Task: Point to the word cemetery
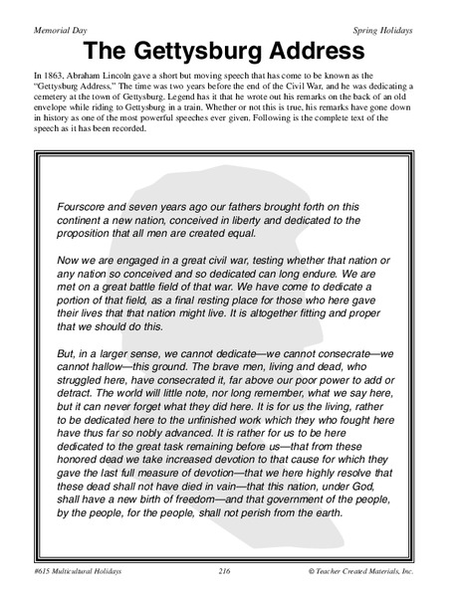(x=56, y=100)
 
